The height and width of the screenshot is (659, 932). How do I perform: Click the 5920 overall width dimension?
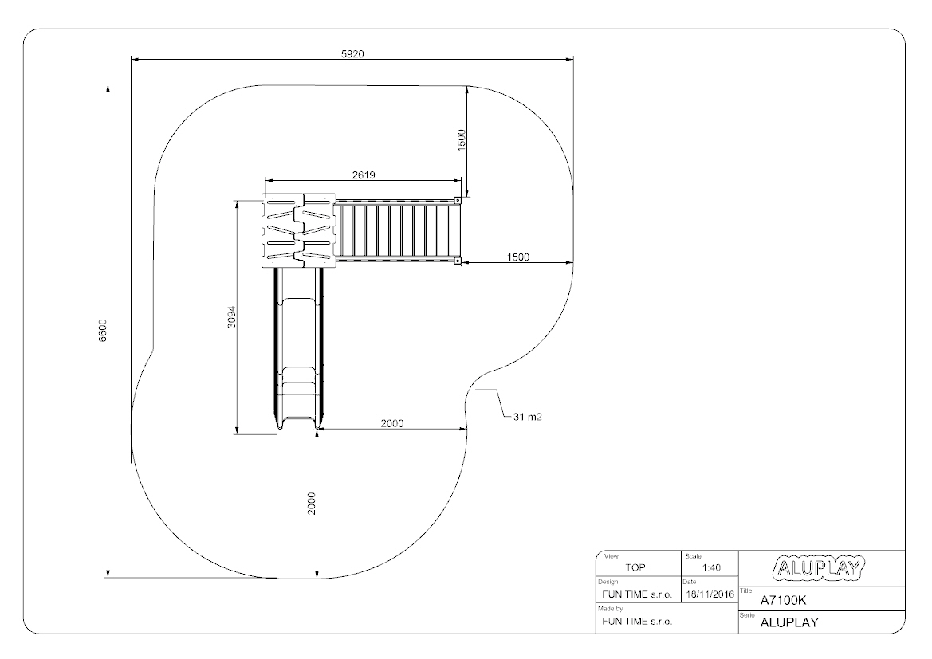click(352, 54)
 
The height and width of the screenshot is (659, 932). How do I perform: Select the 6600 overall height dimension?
click(103, 331)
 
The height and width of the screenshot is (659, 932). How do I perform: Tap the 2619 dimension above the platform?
click(364, 175)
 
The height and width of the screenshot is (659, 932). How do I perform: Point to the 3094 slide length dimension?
click(232, 316)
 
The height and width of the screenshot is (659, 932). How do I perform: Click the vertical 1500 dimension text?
click(462, 140)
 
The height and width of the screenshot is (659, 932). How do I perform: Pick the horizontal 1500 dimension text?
click(517, 257)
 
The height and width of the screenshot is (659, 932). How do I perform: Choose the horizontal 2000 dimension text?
click(391, 423)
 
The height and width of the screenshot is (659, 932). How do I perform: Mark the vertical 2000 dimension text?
click(312, 504)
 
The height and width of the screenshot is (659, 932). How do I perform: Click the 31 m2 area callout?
click(527, 417)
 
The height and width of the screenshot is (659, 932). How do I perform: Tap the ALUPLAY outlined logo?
click(819, 568)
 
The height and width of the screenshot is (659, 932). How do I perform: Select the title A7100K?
click(784, 600)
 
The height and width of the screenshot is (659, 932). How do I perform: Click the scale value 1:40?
click(711, 567)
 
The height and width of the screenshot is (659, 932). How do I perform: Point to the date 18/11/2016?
click(710, 594)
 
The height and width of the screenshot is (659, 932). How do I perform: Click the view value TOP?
click(635, 567)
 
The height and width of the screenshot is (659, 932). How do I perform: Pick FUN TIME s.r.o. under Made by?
click(636, 622)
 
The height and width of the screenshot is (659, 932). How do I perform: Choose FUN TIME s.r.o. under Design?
click(636, 594)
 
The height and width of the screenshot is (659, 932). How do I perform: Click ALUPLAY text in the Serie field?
click(789, 623)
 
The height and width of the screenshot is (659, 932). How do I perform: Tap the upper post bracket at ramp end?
click(457, 200)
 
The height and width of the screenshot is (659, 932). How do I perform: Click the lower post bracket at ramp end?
click(457, 261)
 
